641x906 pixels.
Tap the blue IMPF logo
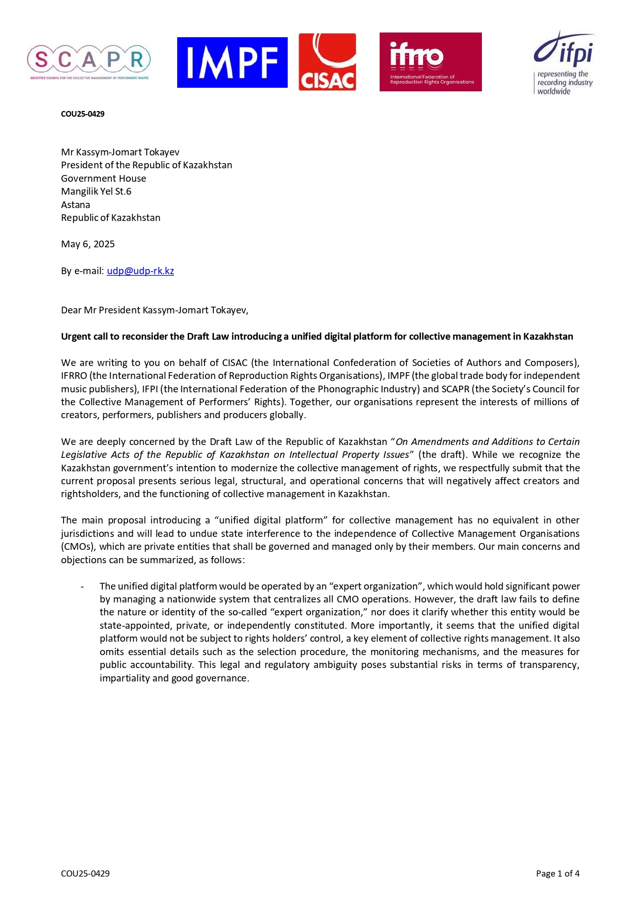(232, 62)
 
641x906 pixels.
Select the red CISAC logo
(327, 62)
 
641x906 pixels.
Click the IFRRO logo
(430, 62)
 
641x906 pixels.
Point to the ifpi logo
(564, 62)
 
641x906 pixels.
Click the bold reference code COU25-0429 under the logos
(83, 114)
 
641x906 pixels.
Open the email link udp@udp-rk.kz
(140, 271)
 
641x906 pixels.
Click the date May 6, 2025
(88, 244)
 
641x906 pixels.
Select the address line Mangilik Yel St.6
(96, 192)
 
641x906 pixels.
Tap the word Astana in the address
(75, 205)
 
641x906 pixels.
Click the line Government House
(103, 179)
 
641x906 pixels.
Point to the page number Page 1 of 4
(557, 873)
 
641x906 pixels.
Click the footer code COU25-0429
(85, 873)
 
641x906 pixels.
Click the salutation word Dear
(71, 310)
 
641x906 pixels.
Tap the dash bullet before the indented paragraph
(82, 586)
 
